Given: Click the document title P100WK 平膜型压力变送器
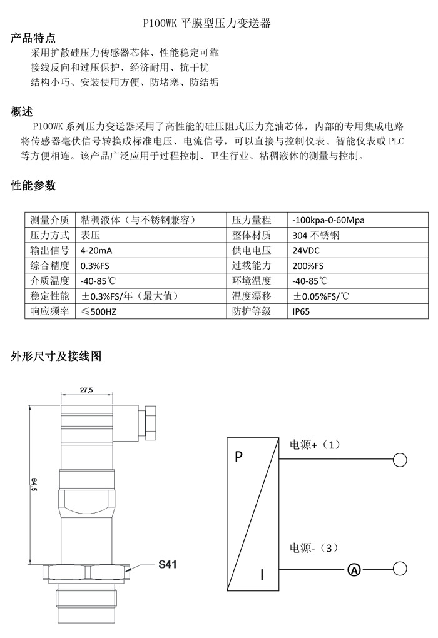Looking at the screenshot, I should point(207,24).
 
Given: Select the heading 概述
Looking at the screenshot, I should point(22,112).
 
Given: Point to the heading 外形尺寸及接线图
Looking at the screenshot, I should point(56,357).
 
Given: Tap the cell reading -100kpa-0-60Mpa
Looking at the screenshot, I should point(328,220).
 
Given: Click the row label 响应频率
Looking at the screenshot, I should point(49,311).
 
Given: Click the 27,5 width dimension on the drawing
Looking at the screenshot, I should point(86,390).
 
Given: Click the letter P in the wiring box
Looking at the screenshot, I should point(238,457).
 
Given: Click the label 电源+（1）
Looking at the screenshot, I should point(314,444).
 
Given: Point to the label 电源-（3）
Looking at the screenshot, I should point(313,548).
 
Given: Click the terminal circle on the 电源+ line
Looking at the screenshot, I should point(400,460).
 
